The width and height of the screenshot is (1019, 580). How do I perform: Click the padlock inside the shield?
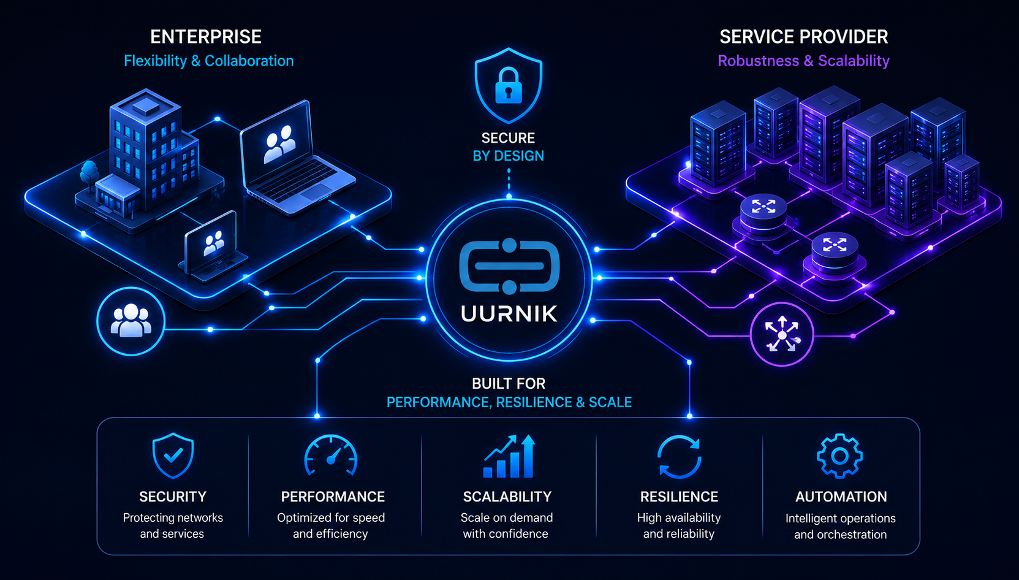(508, 86)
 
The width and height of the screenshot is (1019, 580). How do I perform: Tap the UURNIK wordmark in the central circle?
(509, 314)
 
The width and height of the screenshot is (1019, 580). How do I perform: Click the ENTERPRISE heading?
(206, 37)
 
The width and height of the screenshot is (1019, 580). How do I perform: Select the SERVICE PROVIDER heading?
(803, 37)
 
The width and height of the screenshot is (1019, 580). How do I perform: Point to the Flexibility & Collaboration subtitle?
(209, 61)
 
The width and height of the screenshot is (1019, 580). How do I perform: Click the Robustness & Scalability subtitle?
(803, 61)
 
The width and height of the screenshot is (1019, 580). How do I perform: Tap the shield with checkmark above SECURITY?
(173, 456)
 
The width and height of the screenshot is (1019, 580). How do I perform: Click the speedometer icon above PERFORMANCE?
(331, 456)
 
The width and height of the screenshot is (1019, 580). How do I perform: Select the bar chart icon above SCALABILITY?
(509, 456)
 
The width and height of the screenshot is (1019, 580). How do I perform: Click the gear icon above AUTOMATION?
(839, 456)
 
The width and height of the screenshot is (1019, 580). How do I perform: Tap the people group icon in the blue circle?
(131, 321)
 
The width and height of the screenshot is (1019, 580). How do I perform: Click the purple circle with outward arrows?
(782, 335)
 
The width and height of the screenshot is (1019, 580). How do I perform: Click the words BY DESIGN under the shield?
(508, 156)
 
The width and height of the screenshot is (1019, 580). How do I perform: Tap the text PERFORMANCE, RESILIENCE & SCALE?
(509, 402)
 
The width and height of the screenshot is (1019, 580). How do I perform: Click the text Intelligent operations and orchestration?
(840, 526)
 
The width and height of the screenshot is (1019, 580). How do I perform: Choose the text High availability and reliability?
(679, 526)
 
